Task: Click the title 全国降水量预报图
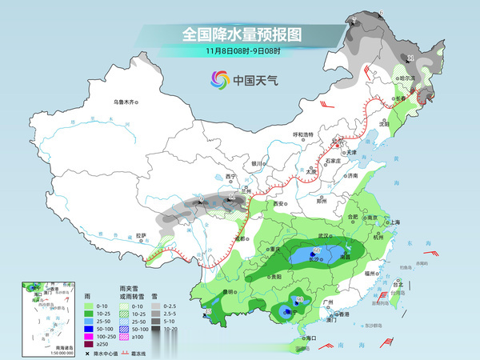[241, 34]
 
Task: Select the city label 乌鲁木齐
[126, 102]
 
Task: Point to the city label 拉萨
[142, 235]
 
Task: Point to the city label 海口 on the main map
[301, 339]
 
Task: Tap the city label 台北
[398, 283]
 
